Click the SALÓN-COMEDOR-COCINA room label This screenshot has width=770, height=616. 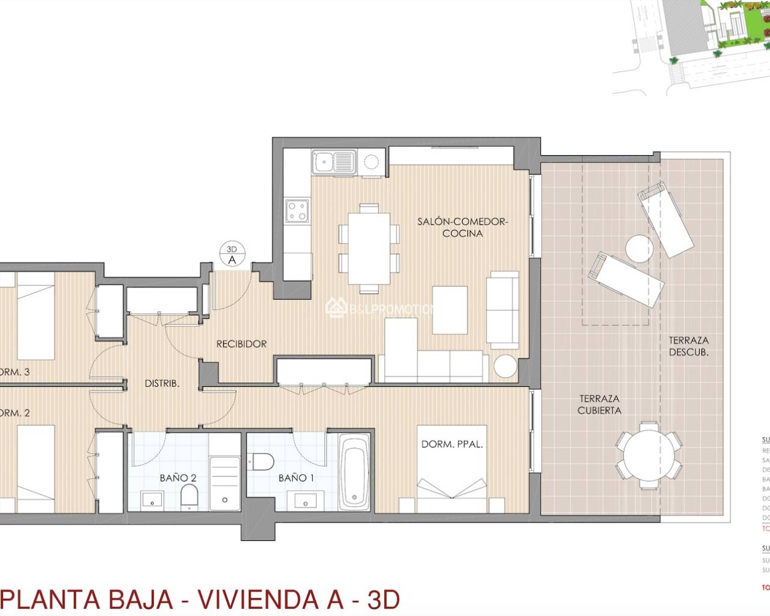[x=462, y=227]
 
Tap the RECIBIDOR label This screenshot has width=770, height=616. [x=241, y=344]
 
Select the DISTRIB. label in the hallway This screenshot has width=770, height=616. [x=162, y=383]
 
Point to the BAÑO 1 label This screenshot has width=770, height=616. [x=296, y=478]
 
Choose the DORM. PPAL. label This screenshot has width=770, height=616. [x=452, y=445]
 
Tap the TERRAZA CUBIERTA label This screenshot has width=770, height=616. [x=599, y=404]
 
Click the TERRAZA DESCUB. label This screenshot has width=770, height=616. [x=688, y=346]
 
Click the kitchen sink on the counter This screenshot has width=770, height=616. [x=333, y=162]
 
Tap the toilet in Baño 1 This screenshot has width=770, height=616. [x=263, y=461]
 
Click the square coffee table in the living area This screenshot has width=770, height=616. [x=450, y=310]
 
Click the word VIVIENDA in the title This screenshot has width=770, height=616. [x=271, y=599]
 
